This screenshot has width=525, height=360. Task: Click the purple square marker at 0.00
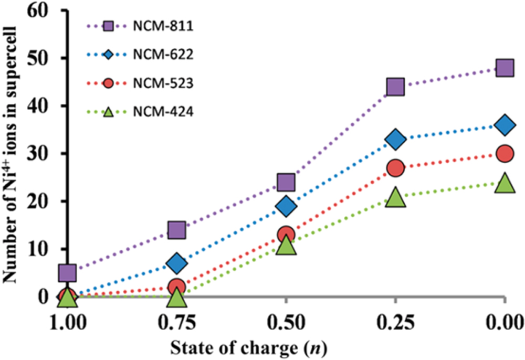(505, 68)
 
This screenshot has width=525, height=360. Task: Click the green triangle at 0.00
(505, 183)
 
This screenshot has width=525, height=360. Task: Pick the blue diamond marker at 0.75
(177, 263)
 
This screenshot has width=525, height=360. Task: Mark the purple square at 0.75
(177, 230)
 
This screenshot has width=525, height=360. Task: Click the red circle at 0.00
(505, 154)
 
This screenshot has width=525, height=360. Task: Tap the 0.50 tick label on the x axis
(286, 321)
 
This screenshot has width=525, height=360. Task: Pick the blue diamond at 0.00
(505, 125)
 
